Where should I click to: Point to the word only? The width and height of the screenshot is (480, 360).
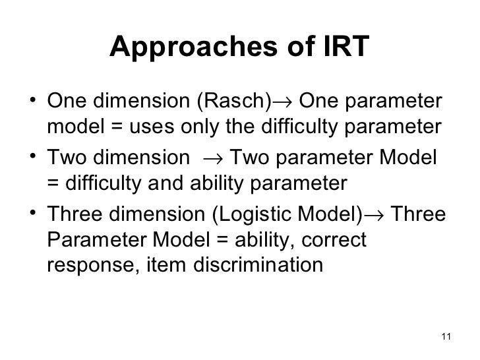coord(188,127)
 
